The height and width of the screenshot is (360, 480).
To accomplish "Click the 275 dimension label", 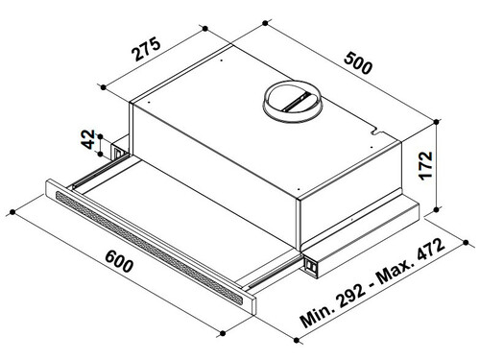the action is click(147, 49).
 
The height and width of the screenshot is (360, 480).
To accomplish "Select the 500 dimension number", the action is click(358, 63).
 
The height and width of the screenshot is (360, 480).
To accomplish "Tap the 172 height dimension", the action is click(426, 165).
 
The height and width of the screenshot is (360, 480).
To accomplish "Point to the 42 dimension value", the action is click(88, 139).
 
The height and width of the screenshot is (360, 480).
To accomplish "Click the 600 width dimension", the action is click(119, 261).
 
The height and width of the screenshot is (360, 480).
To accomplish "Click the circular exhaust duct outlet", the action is click(291, 102).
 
